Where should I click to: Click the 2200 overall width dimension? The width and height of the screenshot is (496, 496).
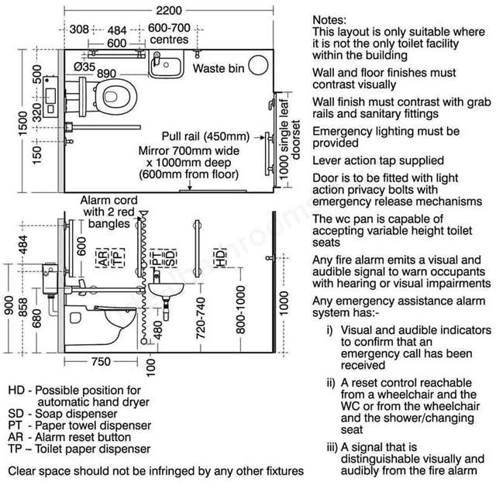tap(169, 10)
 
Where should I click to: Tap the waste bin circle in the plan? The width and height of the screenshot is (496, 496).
tap(258, 65)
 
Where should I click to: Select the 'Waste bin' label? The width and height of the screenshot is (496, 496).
tap(219, 68)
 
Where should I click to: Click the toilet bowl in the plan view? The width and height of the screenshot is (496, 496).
tap(115, 95)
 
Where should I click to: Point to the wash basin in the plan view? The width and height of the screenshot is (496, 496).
tap(166, 64)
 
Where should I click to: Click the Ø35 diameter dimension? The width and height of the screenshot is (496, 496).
tap(84, 67)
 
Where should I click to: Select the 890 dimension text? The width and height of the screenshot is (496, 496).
tap(107, 74)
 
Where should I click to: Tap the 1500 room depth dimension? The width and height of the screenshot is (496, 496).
tap(22, 124)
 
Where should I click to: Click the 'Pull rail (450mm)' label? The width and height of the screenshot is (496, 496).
tap(205, 136)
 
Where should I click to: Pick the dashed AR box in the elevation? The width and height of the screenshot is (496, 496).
tap(102, 257)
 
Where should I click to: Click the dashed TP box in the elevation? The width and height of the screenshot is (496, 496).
tap(118, 257)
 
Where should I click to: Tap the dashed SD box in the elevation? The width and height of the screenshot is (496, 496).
tap(170, 257)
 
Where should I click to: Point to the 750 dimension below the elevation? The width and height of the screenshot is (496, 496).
tap(101, 361)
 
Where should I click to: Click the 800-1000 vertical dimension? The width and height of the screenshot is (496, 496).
tap(241, 310)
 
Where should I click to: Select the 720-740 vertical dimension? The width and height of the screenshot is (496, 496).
tap(201, 318)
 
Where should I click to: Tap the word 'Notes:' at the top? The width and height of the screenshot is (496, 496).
tap(329, 20)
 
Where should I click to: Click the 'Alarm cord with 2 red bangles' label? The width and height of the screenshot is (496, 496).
tap(108, 212)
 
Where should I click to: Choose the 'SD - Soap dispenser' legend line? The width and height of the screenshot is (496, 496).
tap(63, 413)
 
